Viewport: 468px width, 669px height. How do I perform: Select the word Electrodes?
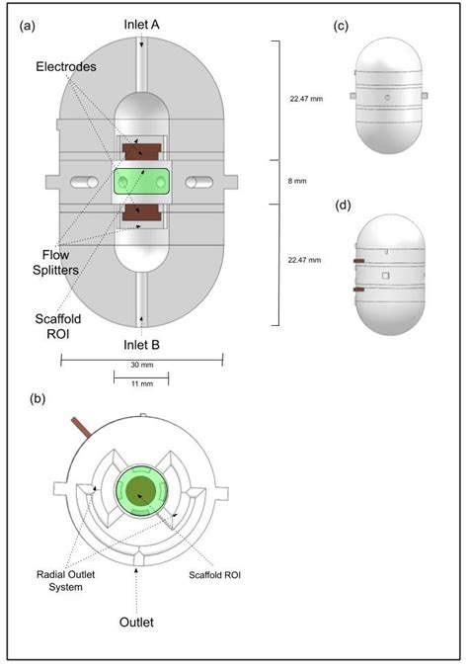click(x=65, y=67)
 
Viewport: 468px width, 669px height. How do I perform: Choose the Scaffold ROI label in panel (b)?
click(x=214, y=572)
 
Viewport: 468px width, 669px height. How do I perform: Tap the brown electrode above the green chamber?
click(x=142, y=152)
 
